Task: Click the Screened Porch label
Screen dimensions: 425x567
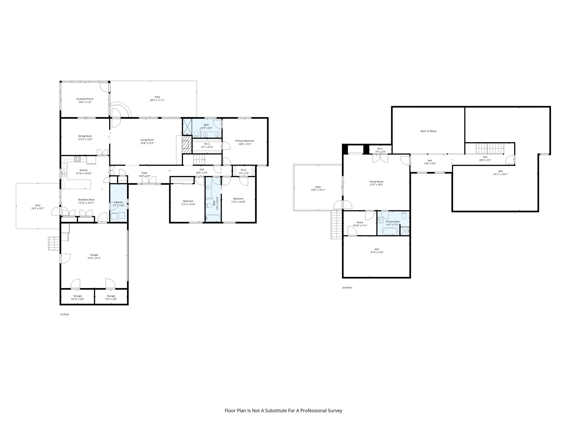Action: click(x=85, y=99)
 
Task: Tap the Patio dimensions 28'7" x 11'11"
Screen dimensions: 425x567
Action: click(x=157, y=100)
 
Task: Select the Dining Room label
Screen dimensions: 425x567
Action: click(x=85, y=136)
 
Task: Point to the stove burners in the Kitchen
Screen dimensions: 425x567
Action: click(x=78, y=159)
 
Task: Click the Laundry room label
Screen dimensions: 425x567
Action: click(x=118, y=202)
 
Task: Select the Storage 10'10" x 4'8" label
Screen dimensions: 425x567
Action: click(x=77, y=296)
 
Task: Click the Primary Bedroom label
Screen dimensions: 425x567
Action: click(x=244, y=141)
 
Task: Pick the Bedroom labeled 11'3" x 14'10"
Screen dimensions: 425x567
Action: click(x=188, y=201)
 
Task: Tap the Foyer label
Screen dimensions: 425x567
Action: click(x=144, y=173)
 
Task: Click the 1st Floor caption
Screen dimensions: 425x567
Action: click(x=65, y=315)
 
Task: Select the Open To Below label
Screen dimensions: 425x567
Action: click(x=428, y=131)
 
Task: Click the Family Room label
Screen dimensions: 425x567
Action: click(x=376, y=182)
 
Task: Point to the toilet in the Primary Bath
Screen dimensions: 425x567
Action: click(x=404, y=215)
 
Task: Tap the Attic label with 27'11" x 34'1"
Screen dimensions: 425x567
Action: click(x=500, y=171)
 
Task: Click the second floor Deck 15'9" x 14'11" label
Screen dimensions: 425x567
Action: click(x=318, y=187)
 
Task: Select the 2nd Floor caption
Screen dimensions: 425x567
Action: click(x=347, y=288)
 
